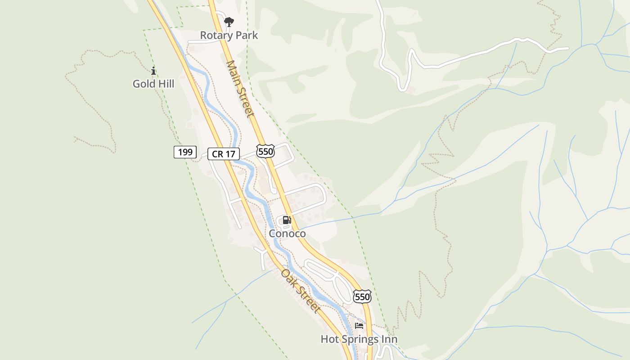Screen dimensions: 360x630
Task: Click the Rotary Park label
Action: pyautogui.click(x=229, y=35)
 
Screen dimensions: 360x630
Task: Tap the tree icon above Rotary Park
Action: pyautogui.click(x=229, y=22)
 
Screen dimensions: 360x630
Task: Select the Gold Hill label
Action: pyautogui.click(x=153, y=84)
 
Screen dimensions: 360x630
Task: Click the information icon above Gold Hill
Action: pyautogui.click(x=153, y=71)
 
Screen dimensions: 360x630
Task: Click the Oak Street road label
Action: pyautogui.click(x=301, y=291)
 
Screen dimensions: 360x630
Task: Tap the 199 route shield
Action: pyautogui.click(x=185, y=152)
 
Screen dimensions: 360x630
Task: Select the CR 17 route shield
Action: pyautogui.click(x=224, y=154)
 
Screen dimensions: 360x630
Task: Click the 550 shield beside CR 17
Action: pyautogui.click(x=265, y=151)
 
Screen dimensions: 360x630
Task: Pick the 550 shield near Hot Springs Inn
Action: pyautogui.click(x=362, y=297)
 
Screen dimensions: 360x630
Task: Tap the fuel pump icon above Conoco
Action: pyautogui.click(x=287, y=220)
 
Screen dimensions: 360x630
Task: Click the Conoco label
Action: pyautogui.click(x=287, y=234)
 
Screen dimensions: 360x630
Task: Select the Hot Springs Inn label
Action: pyautogui.click(x=359, y=339)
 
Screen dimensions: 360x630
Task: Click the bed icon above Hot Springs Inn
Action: pyautogui.click(x=359, y=325)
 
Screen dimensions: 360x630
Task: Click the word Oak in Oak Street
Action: pyautogui.click(x=288, y=276)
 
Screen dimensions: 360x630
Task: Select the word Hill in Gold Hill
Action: pyautogui.click(x=165, y=84)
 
